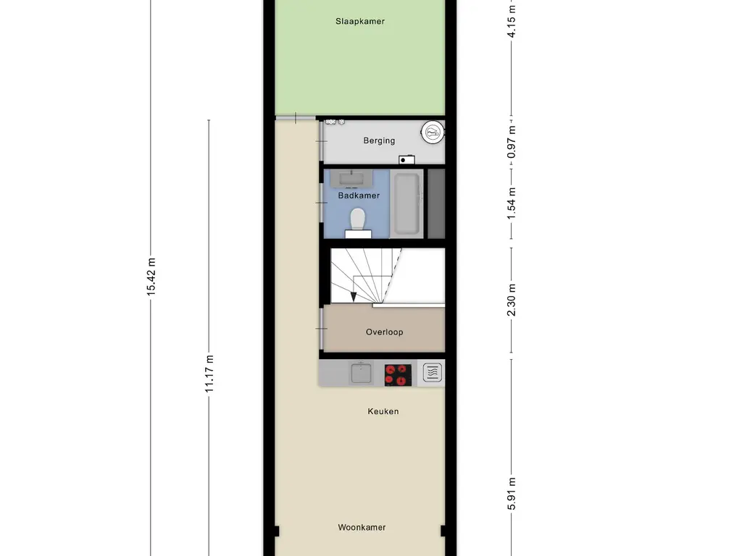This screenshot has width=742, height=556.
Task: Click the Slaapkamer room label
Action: [359, 21]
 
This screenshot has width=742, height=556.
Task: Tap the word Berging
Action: [379, 140]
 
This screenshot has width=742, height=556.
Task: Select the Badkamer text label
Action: [359, 195]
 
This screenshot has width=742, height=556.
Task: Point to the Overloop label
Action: [384, 332]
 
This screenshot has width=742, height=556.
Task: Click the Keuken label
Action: [383, 411]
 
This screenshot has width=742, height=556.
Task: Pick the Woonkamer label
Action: [362, 527]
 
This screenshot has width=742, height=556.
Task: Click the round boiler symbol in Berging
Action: [433, 132]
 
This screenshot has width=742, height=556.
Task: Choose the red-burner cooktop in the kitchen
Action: [397, 374]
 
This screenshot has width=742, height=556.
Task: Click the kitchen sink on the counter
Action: [361, 374]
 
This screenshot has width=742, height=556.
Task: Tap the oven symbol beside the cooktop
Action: [432, 373]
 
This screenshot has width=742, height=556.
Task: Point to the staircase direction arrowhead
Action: [353, 296]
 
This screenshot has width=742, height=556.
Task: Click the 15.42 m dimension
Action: [151, 277]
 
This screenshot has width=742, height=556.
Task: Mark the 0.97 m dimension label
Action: [512, 142]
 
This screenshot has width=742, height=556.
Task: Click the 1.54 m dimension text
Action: [512, 203]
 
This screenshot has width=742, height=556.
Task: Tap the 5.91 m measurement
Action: [512, 492]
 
